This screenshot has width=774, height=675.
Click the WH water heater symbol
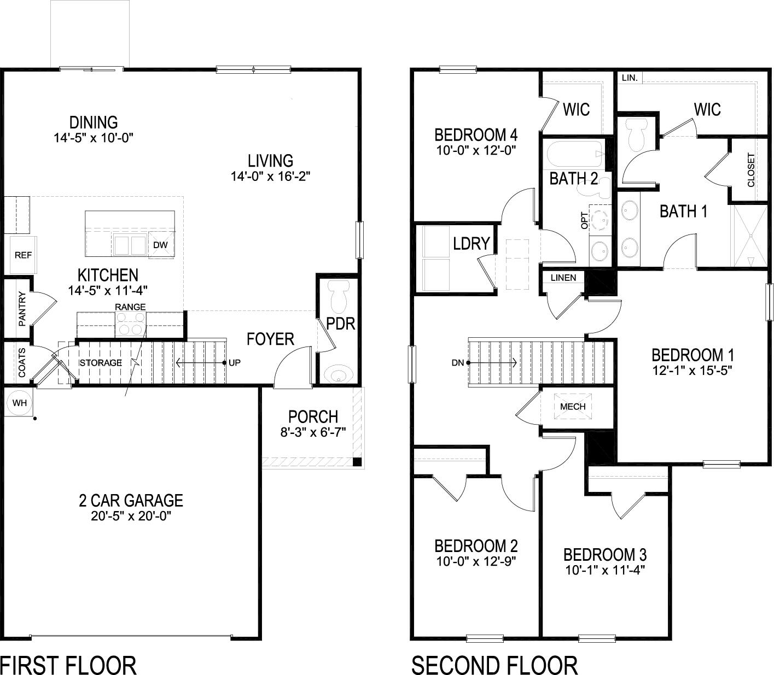click(20, 403)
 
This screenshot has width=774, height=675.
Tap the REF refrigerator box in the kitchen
click(23, 255)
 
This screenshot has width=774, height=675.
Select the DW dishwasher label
click(160, 245)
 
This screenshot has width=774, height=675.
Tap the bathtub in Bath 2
click(574, 154)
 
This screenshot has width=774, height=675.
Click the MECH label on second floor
click(573, 407)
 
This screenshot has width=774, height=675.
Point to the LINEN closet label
click(563, 278)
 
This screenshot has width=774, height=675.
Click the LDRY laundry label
click(471, 243)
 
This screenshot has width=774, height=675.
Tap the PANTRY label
click(22, 309)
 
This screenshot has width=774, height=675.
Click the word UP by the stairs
click(234, 362)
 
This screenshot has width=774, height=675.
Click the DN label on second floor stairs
click(458, 362)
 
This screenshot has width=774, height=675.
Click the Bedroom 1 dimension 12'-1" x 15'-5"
click(692, 370)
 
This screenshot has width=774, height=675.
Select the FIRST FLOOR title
click(68, 665)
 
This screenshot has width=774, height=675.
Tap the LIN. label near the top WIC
click(629, 78)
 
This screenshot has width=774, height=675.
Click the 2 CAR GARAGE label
click(130, 500)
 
